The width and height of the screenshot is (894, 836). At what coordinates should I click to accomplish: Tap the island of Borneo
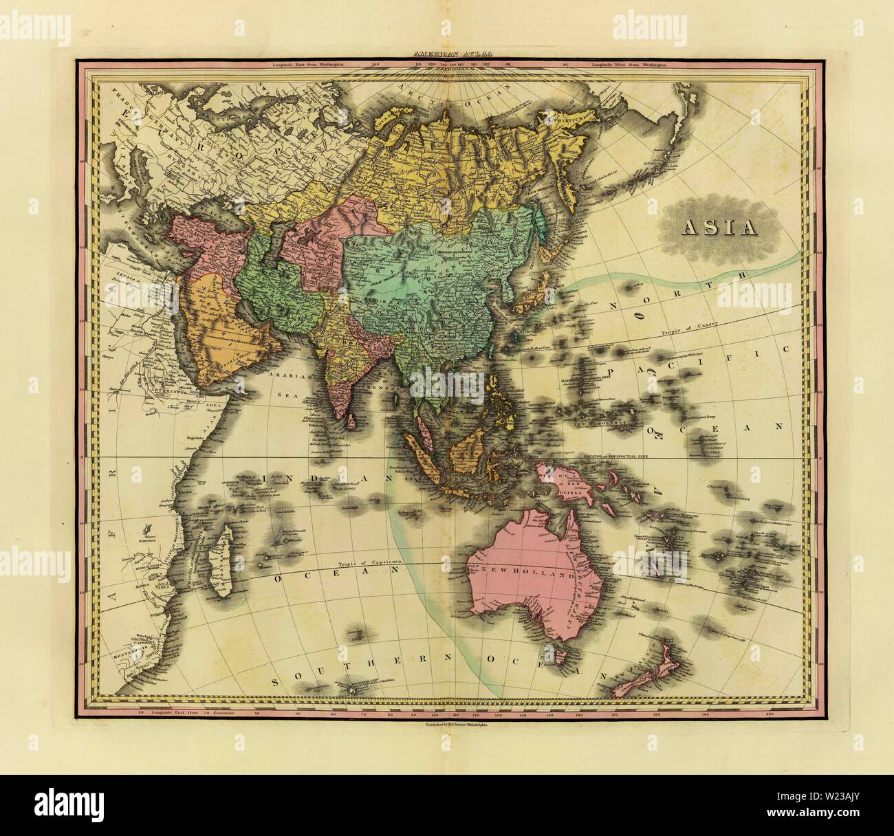[466, 452]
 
